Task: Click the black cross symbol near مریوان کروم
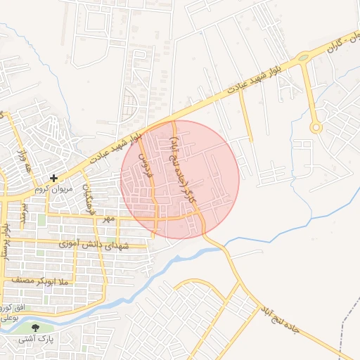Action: click(x=54, y=179)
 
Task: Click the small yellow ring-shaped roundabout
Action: click(x=316, y=127)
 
